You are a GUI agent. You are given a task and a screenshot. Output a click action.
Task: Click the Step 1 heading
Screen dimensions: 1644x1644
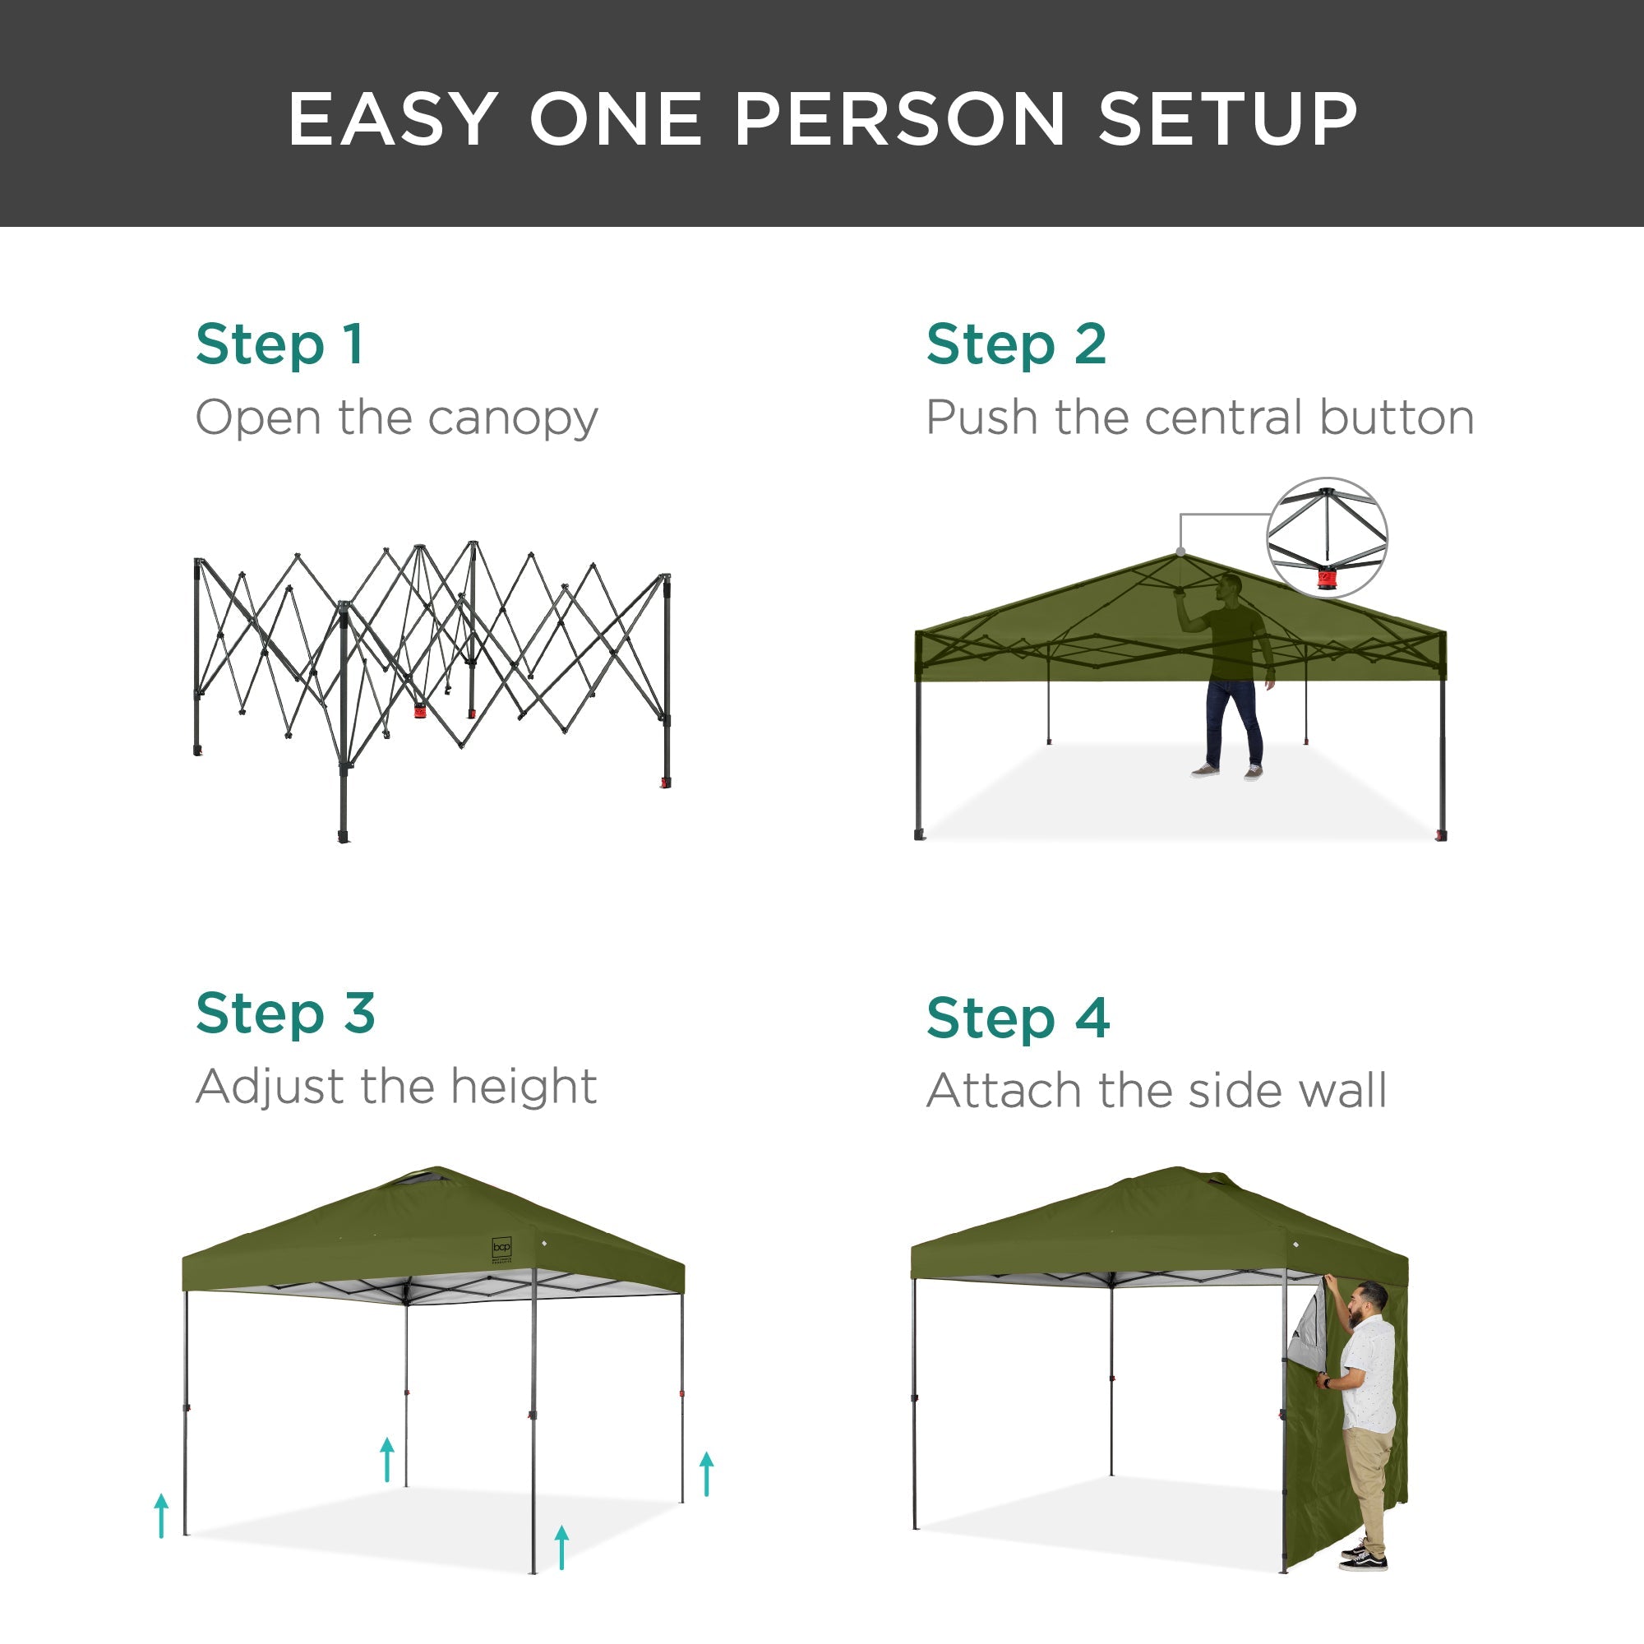coord(279,344)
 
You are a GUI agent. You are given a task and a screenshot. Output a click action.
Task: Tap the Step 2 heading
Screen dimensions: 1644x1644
coord(1016,344)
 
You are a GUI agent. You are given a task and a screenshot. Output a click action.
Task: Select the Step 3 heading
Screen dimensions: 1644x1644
coord(285,1013)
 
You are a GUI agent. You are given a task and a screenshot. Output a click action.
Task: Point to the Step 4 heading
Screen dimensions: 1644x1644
coord(1018,1018)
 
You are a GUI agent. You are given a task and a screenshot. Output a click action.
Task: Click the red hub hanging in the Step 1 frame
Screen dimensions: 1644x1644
coord(420,710)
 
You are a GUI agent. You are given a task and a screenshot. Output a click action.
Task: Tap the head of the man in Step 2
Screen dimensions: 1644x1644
coord(1230,587)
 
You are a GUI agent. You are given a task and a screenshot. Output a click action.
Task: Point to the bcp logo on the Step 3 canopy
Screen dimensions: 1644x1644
coord(501,1249)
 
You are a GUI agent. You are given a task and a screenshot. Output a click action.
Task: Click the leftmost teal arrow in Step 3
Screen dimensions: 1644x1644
coord(162,1516)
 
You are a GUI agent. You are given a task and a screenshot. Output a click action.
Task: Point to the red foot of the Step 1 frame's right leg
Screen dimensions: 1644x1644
coord(666,783)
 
